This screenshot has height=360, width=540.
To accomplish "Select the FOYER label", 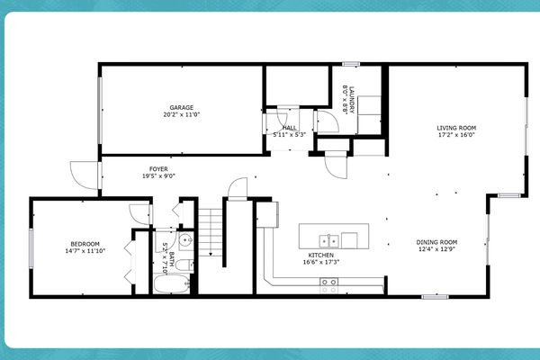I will tap(157, 169).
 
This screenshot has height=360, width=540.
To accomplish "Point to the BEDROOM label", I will tap(85, 244).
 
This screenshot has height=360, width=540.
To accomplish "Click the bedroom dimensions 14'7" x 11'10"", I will tap(85, 252).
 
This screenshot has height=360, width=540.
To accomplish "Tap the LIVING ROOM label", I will tap(456, 128).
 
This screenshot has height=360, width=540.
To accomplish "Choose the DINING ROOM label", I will tap(437, 241).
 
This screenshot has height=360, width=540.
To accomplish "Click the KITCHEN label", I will tap(321, 256).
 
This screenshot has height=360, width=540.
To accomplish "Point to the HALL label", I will tap(289, 128).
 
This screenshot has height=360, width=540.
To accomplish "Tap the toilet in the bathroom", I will tap(184, 265).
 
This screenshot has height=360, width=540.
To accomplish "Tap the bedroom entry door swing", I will tap(139, 212).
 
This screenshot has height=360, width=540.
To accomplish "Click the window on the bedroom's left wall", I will tap(32, 247).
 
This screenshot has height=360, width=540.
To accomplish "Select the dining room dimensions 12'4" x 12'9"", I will tap(437, 249).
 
